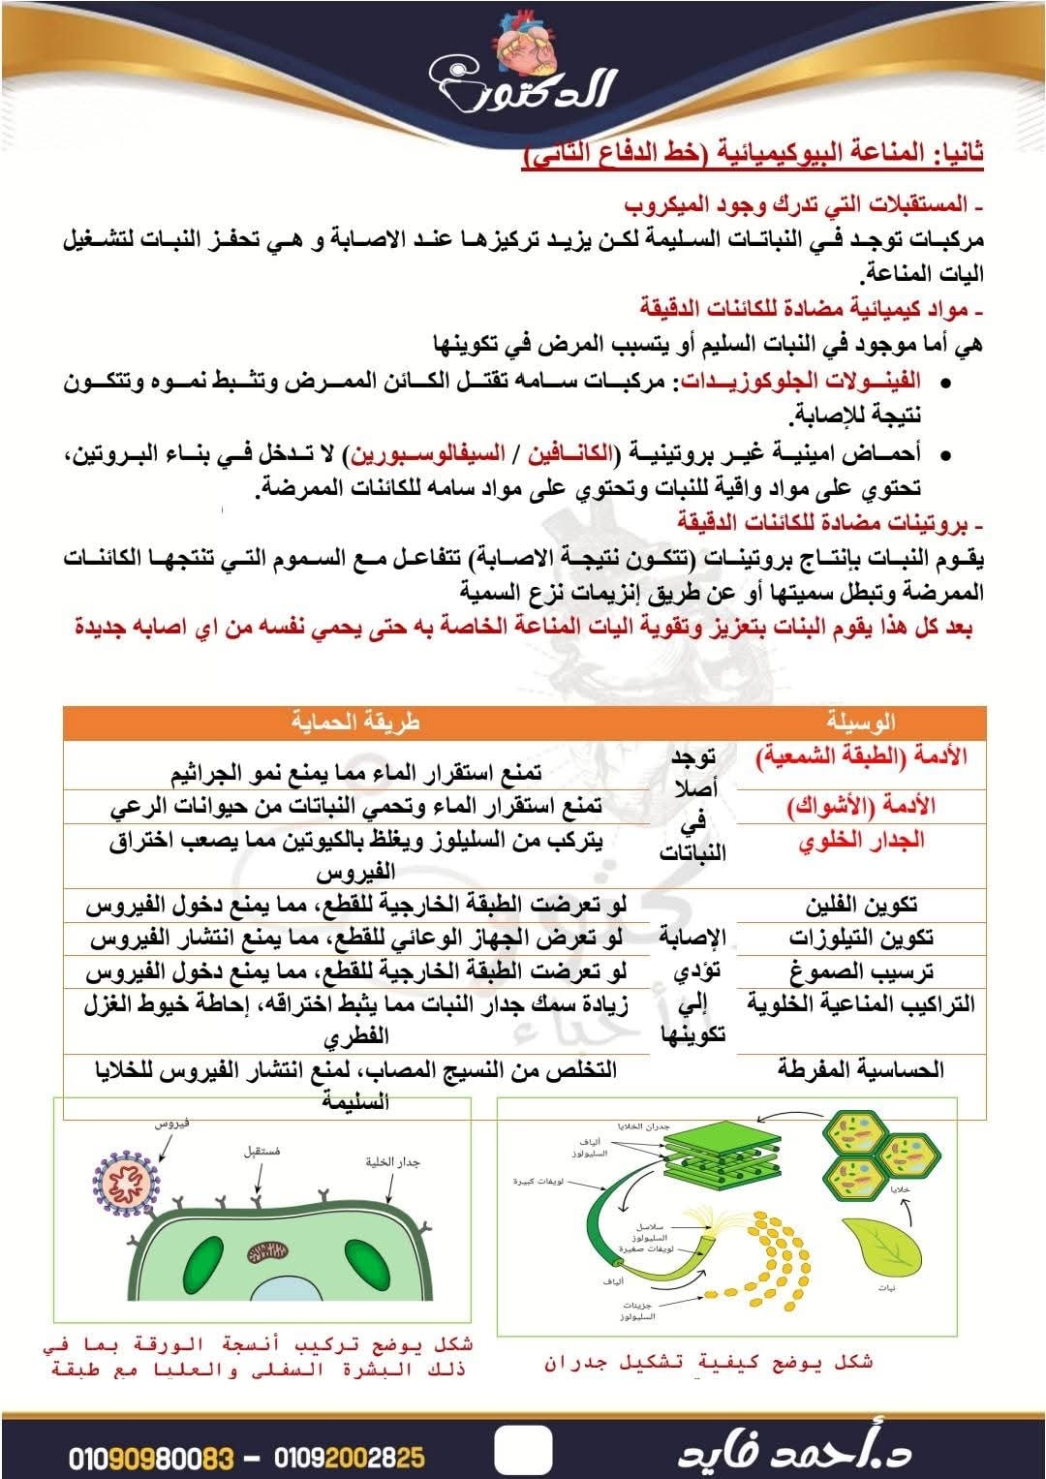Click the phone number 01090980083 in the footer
pyautogui.click(x=152, y=1456)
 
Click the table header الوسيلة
pyautogui.click(x=861, y=722)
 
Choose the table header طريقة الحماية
pyautogui.click(x=357, y=722)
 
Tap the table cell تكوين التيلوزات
pyautogui.click(x=861, y=938)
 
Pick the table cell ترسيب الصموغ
pyautogui.click(x=861, y=971)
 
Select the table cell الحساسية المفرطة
pyautogui.click(x=861, y=1069)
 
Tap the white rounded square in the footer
pyautogui.click(x=523, y=1451)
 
